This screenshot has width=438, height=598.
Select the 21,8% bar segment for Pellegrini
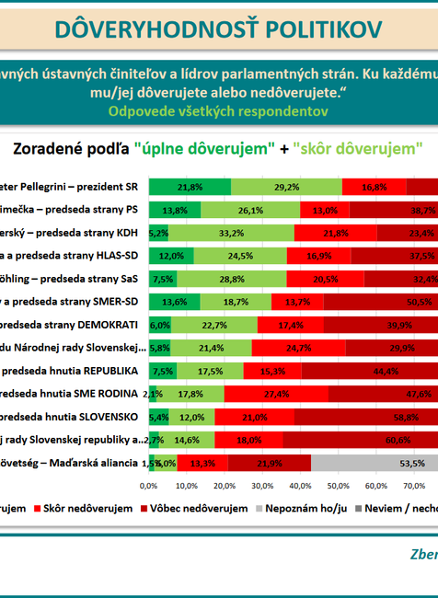(190, 186)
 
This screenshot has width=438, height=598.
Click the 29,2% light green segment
(286, 186)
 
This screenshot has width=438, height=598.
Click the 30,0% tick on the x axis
(262, 485)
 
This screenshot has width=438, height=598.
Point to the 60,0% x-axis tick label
(375, 485)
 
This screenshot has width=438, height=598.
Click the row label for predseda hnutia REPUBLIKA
(70, 371)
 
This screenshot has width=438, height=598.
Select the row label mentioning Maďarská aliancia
(70, 463)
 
